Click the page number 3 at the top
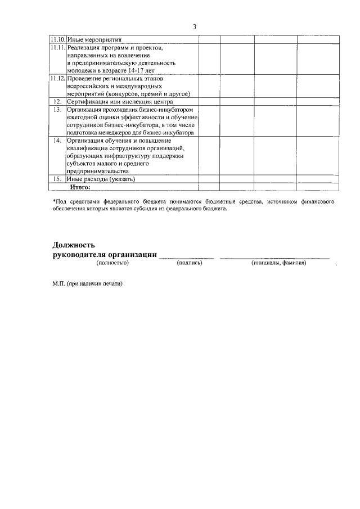tap(194, 26)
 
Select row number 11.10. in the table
tap(57, 40)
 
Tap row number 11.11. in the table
tap(57, 48)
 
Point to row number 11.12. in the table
tap(57, 79)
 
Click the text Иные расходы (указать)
tap(101, 178)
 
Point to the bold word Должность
tap(74, 245)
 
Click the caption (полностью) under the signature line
tap(112, 263)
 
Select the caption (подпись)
tap(189, 263)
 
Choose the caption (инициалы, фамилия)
tap(279, 263)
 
